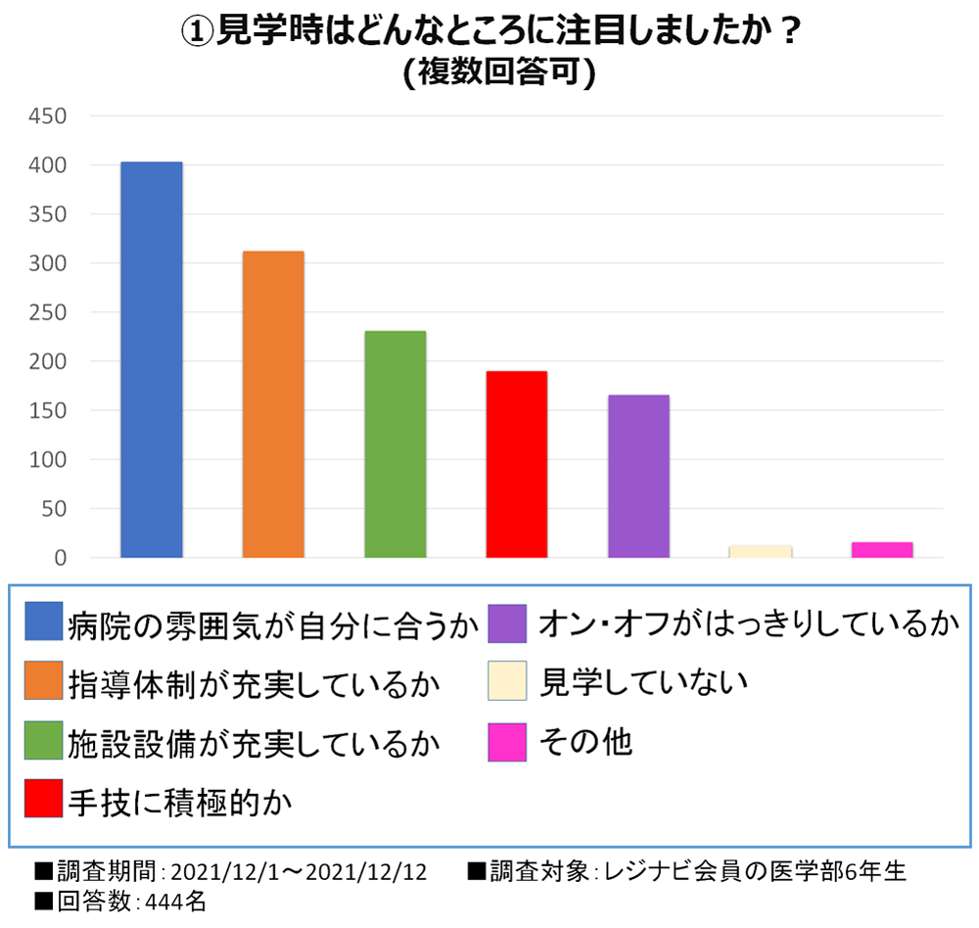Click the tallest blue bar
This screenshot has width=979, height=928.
(151, 359)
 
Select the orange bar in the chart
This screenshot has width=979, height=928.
(273, 404)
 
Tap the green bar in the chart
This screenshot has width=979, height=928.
(395, 444)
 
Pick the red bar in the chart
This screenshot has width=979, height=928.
(516, 464)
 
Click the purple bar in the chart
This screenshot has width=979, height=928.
(638, 476)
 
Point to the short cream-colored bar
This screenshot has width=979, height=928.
(760, 551)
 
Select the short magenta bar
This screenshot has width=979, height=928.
(882, 549)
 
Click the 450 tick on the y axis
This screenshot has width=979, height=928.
(48, 116)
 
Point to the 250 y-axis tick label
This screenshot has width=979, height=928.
(48, 312)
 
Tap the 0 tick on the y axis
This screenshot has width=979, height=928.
(59, 558)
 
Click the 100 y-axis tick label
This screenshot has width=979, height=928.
(48, 460)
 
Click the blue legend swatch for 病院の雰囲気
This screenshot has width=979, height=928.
(44, 621)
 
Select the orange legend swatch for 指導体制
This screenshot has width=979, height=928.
(44, 681)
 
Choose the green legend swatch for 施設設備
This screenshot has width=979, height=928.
(44, 741)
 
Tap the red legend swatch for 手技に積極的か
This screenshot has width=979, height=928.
(44, 800)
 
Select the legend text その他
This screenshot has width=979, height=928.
(586, 741)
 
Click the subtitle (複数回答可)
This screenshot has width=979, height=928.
(498, 73)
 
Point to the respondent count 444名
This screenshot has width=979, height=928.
(175, 902)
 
